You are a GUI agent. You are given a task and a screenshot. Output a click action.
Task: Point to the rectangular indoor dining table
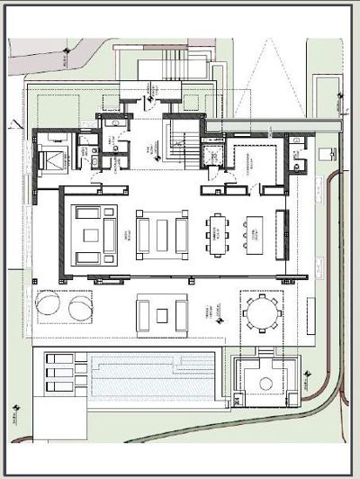pyautogui.click(x=219, y=234)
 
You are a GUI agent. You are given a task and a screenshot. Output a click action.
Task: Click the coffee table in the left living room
pyautogui.click(x=91, y=234)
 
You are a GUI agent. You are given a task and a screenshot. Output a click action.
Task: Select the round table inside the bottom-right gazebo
pyautogui.click(x=264, y=383)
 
